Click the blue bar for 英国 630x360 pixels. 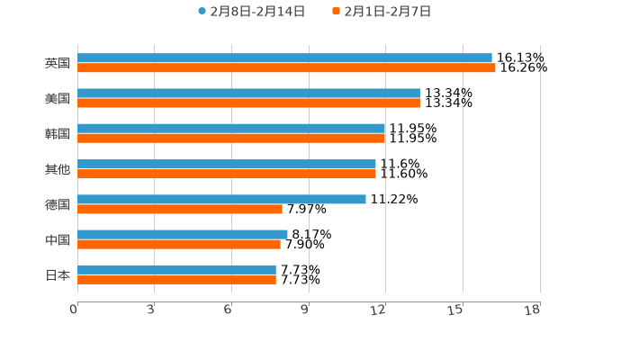[x=284, y=58]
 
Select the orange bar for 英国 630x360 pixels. [x=286, y=67]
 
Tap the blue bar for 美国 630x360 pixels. [x=248, y=93]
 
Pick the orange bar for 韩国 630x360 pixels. [x=231, y=138]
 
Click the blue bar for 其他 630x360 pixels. [x=227, y=164]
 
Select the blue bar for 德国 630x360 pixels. [x=221, y=199]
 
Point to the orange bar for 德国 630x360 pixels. [x=180, y=209]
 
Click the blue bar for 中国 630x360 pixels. [x=183, y=234]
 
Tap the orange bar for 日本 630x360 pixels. [x=176, y=279]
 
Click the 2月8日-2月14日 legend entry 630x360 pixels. [x=251, y=12]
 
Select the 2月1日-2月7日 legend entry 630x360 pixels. [x=382, y=12]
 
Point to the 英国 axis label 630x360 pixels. [x=57, y=63]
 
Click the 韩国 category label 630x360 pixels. [x=57, y=133]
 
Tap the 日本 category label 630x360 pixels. [x=57, y=274]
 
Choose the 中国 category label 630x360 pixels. [x=57, y=239]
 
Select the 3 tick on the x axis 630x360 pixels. [x=150, y=310]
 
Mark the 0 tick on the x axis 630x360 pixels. [x=74, y=310]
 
